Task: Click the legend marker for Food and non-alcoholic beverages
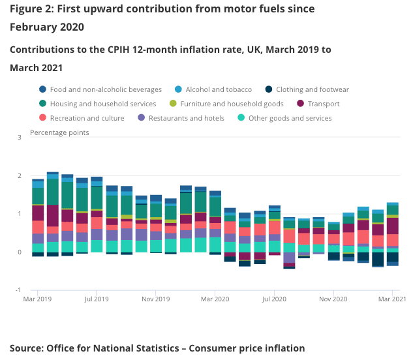(x=43, y=89)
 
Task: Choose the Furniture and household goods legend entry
(x=232, y=104)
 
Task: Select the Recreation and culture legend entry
(x=87, y=118)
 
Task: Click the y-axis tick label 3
(x=20, y=138)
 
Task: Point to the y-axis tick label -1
(x=18, y=290)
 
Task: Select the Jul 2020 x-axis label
(x=274, y=299)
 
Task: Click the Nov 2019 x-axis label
(x=157, y=299)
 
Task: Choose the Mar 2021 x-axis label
(x=393, y=299)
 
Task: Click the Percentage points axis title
(x=59, y=132)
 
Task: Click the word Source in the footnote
(x=25, y=348)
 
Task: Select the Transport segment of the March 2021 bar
(x=393, y=226)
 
